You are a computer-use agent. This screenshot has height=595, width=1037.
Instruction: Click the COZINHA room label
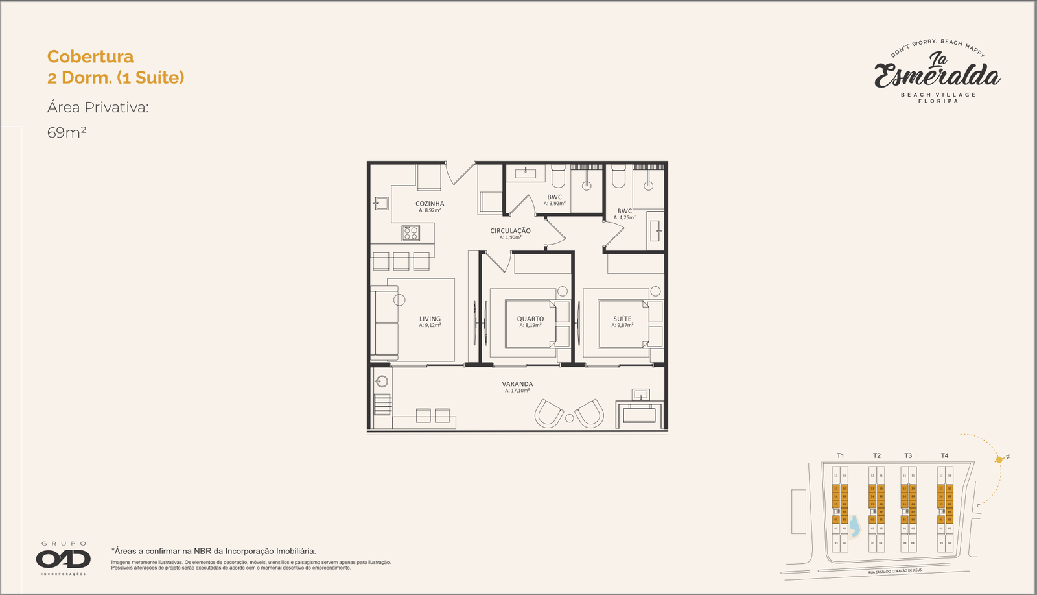(430, 204)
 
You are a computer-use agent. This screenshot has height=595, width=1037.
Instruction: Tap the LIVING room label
(430, 319)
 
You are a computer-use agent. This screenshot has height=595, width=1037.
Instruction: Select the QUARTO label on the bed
(530, 319)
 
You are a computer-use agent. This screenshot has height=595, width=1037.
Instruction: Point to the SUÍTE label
(622, 319)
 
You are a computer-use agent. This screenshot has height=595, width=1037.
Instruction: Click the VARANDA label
(517, 384)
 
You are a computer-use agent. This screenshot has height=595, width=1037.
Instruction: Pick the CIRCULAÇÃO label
(510, 231)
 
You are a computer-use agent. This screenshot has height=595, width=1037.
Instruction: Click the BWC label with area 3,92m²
(554, 197)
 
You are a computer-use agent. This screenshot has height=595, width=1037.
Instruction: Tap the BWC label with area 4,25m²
(624, 212)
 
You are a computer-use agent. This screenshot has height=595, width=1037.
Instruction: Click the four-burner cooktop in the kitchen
(410, 232)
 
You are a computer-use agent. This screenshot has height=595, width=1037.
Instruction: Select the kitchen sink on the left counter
(380, 204)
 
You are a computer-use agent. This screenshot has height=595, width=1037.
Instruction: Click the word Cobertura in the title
(90, 57)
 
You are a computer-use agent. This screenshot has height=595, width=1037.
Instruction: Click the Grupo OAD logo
(64, 558)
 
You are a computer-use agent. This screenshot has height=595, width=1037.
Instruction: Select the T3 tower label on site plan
(908, 455)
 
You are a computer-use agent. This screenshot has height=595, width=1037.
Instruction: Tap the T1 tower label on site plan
(840, 455)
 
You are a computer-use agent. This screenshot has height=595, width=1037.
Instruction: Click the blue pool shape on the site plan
(854, 526)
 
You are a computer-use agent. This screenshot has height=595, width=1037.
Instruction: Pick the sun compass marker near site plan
(999, 459)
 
